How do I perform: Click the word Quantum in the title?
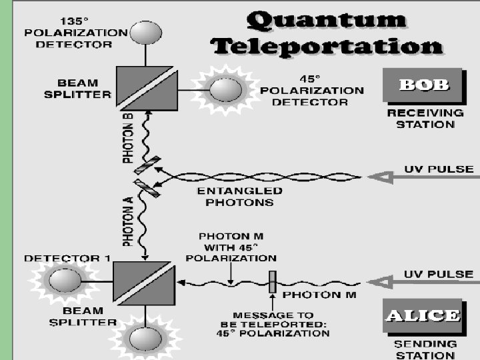[x=326, y=20]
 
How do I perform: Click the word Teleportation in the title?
[x=327, y=46]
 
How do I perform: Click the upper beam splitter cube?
[x=146, y=88]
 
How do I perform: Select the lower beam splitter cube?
[x=145, y=284]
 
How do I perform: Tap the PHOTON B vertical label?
[x=128, y=138]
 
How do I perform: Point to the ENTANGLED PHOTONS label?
[x=240, y=196]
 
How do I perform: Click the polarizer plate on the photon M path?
[x=272, y=282]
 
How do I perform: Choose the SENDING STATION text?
[x=425, y=349]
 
